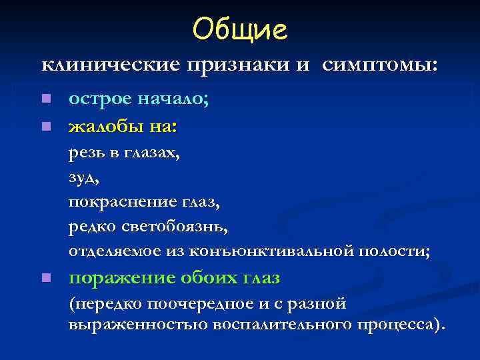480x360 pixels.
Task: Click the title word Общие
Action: click(x=239, y=28)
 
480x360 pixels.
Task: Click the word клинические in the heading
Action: click(x=111, y=65)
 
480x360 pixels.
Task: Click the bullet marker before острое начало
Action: click(x=45, y=99)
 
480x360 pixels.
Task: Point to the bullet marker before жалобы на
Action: click(x=45, y=125)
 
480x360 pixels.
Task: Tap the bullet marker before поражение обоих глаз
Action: click(x=45, y=277)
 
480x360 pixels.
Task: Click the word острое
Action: click(x=100, y=100)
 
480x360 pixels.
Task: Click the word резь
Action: click(x=87, y=153)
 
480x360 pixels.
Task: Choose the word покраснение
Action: click(x=121, y=202)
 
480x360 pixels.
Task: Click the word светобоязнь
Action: click(x=175, y=227)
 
